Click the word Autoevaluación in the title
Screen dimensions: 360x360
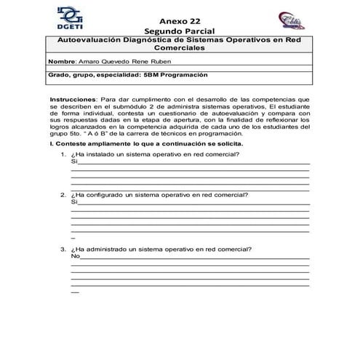pos(88,42)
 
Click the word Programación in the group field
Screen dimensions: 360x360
pos(185,74)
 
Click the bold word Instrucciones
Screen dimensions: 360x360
pos(72,97)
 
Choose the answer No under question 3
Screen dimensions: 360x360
pos(75,256)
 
